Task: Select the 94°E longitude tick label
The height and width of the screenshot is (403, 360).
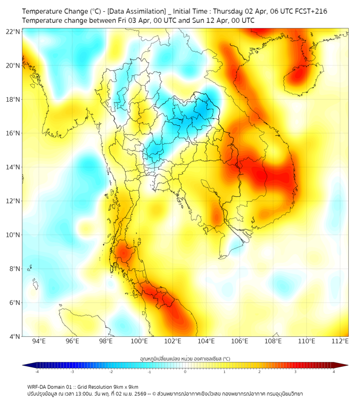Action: tap(39, 341)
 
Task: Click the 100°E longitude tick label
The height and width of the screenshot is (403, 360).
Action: tap(140, 341)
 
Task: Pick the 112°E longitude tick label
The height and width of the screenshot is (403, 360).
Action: tap(340, 341)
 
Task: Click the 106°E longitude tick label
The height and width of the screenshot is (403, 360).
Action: tap(240, 341)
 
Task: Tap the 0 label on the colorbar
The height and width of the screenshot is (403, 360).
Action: tap(185, 372)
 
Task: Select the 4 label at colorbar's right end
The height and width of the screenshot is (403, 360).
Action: tap(334, 372)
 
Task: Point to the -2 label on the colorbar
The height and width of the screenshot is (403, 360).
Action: tap(110, 372)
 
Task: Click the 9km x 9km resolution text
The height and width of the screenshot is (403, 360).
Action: tap(123, 387)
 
